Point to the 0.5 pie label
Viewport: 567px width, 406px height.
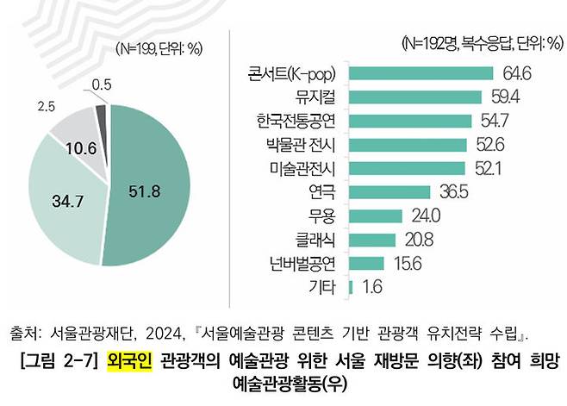(102, 84)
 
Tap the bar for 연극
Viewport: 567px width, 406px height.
(389, 191)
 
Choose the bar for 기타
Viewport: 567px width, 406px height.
(351, 286)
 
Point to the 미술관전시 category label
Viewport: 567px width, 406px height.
(301, 167)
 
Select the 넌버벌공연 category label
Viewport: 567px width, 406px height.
(301, 262)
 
